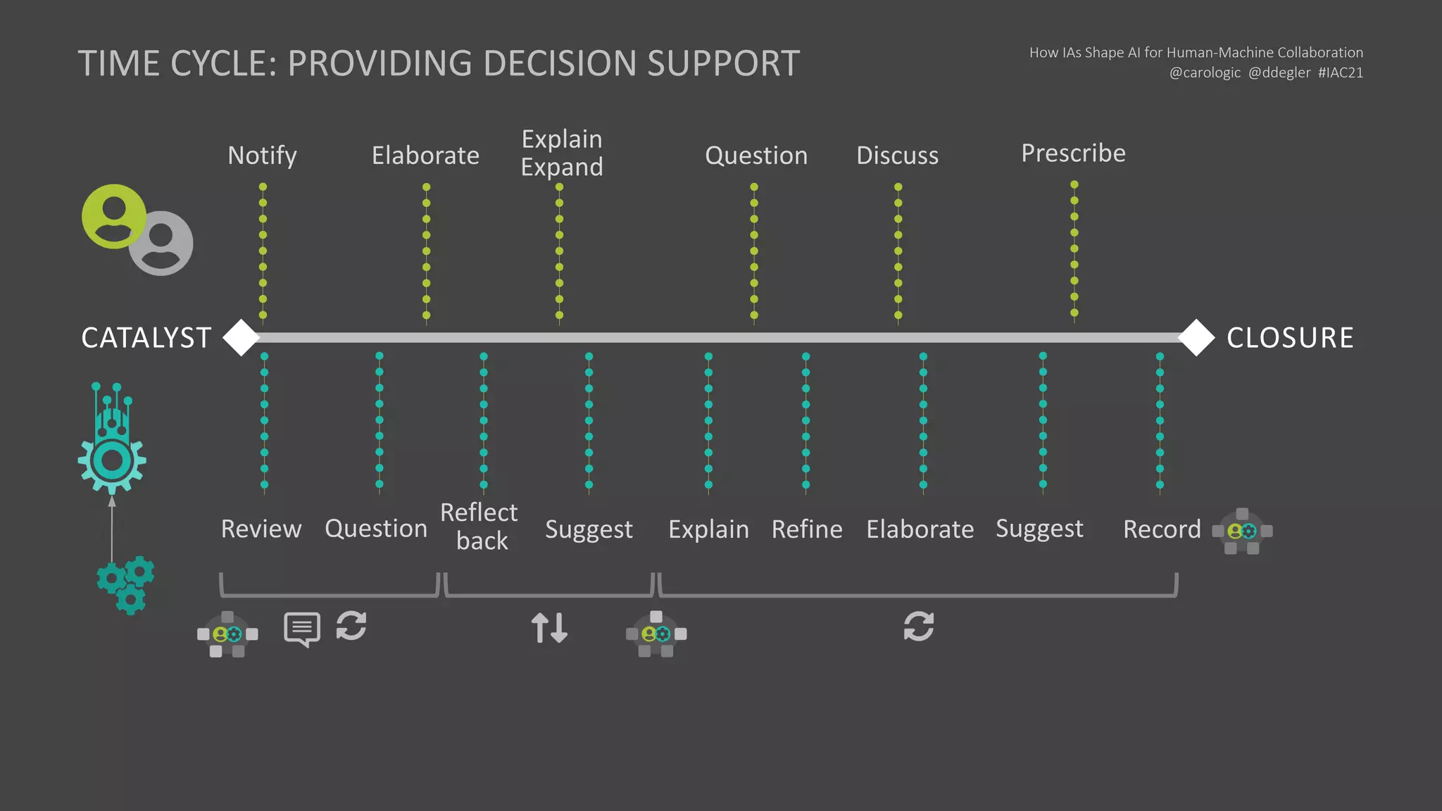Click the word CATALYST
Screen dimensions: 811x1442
[x=146, y=338]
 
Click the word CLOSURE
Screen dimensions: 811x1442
[x=1289, y=338]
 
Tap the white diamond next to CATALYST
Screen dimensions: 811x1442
[x=242, y=338]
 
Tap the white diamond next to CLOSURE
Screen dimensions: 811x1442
[x=1196, y=338]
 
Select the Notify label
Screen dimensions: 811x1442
[x=262, y=156]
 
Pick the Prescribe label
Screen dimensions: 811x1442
[x=1073, y=153]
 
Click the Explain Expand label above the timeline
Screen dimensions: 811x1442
[x=561, y=153]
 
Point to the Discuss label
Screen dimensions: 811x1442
[x=897, y=156]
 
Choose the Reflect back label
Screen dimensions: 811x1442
[x=479, y=527]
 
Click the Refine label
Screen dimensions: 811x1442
[x=807, y=529]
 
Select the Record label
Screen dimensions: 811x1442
[x=1162, y=529]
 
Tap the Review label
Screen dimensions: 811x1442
[x=261, y=529]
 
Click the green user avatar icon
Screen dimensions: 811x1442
[x=113, y=216]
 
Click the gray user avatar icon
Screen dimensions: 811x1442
[x=162, y=244]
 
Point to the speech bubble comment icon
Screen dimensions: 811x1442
[x=302, y=628]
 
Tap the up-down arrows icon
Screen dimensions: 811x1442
[x=549, y=627]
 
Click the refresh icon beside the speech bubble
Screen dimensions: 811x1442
[x=351, y=626]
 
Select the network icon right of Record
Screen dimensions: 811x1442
[x=1242, y=532]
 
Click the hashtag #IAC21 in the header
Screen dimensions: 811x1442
[x=1340, y=73]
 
